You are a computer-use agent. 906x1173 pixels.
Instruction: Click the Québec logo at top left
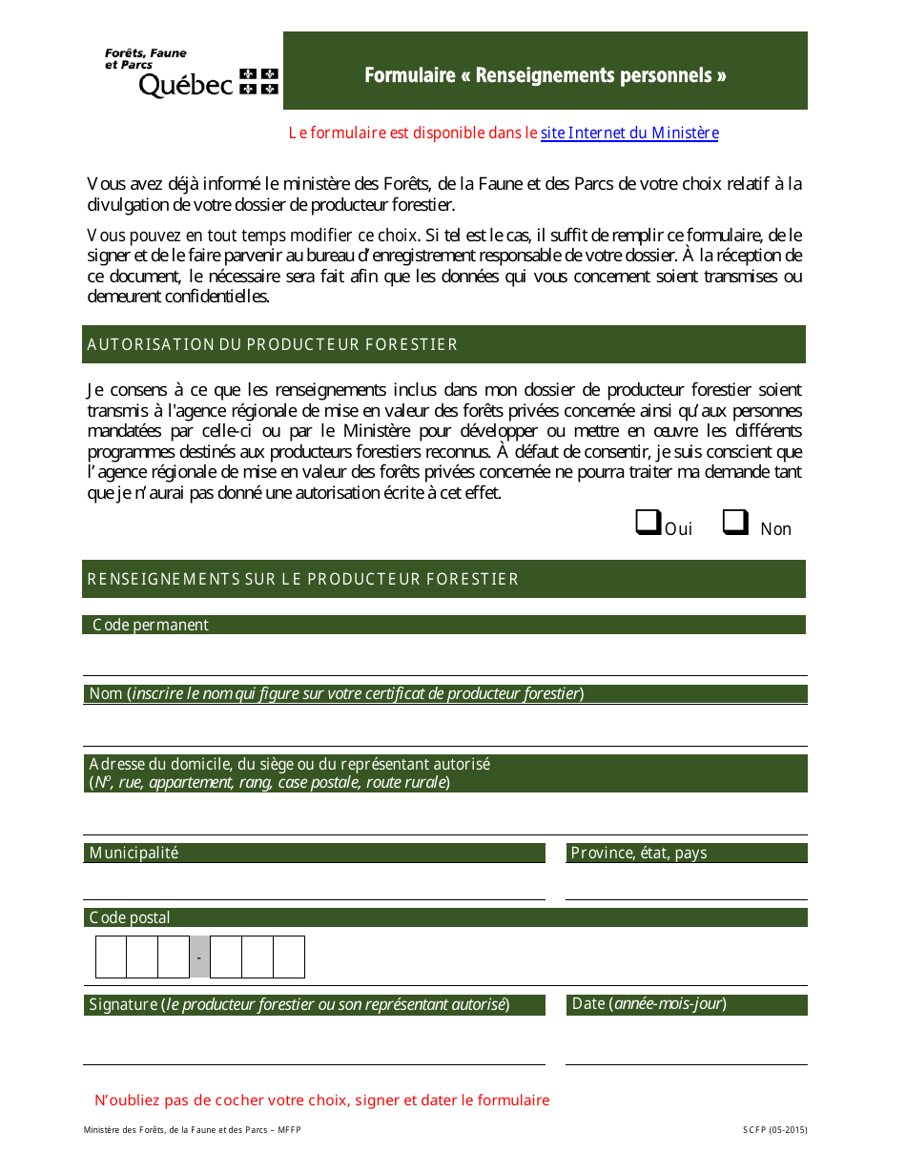point(191,72)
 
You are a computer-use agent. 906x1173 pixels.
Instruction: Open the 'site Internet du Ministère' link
point(629,134)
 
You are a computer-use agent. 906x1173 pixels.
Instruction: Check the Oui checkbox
point(649,523)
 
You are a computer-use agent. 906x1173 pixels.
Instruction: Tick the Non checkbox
point(735,523)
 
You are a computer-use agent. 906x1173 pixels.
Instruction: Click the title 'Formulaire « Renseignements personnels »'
point(545,75)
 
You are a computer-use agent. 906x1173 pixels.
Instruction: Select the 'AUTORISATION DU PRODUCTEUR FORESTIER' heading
point(273,344)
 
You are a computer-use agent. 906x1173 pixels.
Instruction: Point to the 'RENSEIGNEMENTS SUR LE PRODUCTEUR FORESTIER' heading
point(303,579)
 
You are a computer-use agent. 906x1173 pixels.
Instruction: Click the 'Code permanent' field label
point(151,625)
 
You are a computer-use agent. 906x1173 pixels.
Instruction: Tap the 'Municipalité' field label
point(134,853)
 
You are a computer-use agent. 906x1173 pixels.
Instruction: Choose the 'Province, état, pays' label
point(639,853)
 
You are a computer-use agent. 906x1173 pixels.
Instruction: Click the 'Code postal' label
point(130,917)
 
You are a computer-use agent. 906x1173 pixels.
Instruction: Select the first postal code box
point(112,957)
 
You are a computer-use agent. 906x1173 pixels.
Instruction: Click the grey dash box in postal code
point(199,957)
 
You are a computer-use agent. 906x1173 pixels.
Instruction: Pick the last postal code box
point(289,957)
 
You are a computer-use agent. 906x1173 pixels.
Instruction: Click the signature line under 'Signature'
point(314,1049)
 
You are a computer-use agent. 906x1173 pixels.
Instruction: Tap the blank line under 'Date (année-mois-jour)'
point(686,1049)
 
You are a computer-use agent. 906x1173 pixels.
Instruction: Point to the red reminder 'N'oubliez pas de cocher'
point(322,1100)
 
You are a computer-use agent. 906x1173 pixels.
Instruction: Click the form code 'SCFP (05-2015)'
point(774,1130)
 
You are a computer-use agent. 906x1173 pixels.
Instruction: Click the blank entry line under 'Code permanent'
point(444,658)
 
